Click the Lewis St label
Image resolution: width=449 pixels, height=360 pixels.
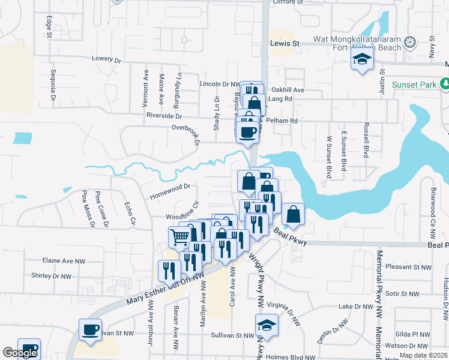tap(285, 44)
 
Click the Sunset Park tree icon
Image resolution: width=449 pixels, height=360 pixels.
tap(445, 84)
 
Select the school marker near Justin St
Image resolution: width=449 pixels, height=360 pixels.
tap(362, 60)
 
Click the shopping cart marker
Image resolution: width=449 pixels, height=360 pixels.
tap(179, 237)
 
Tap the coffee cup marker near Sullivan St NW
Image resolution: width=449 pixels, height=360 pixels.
tap(91, 330)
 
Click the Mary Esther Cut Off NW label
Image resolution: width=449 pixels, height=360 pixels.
tap(163, 287)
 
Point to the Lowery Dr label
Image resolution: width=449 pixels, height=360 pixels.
tap(106, 59)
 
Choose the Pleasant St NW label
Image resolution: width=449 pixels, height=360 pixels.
tap(409, 267)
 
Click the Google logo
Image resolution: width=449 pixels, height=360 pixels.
tap(20, 353)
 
